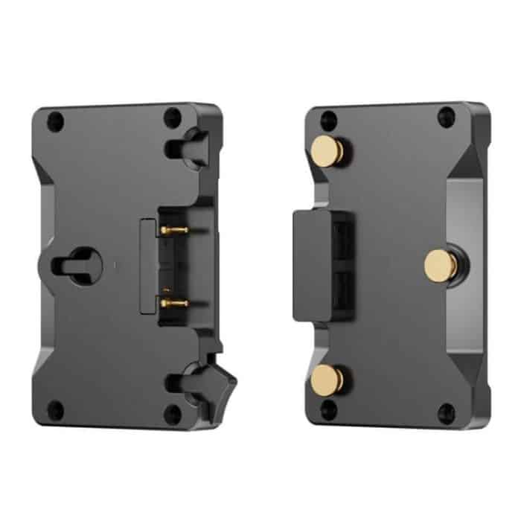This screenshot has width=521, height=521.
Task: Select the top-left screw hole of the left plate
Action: [x=54, y=118]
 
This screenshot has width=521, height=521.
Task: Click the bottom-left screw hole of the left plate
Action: [x=54, y=409]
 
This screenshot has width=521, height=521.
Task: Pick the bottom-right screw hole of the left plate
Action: [x=173, y=414]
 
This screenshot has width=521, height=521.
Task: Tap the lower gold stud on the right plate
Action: [x=329, y=379]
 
